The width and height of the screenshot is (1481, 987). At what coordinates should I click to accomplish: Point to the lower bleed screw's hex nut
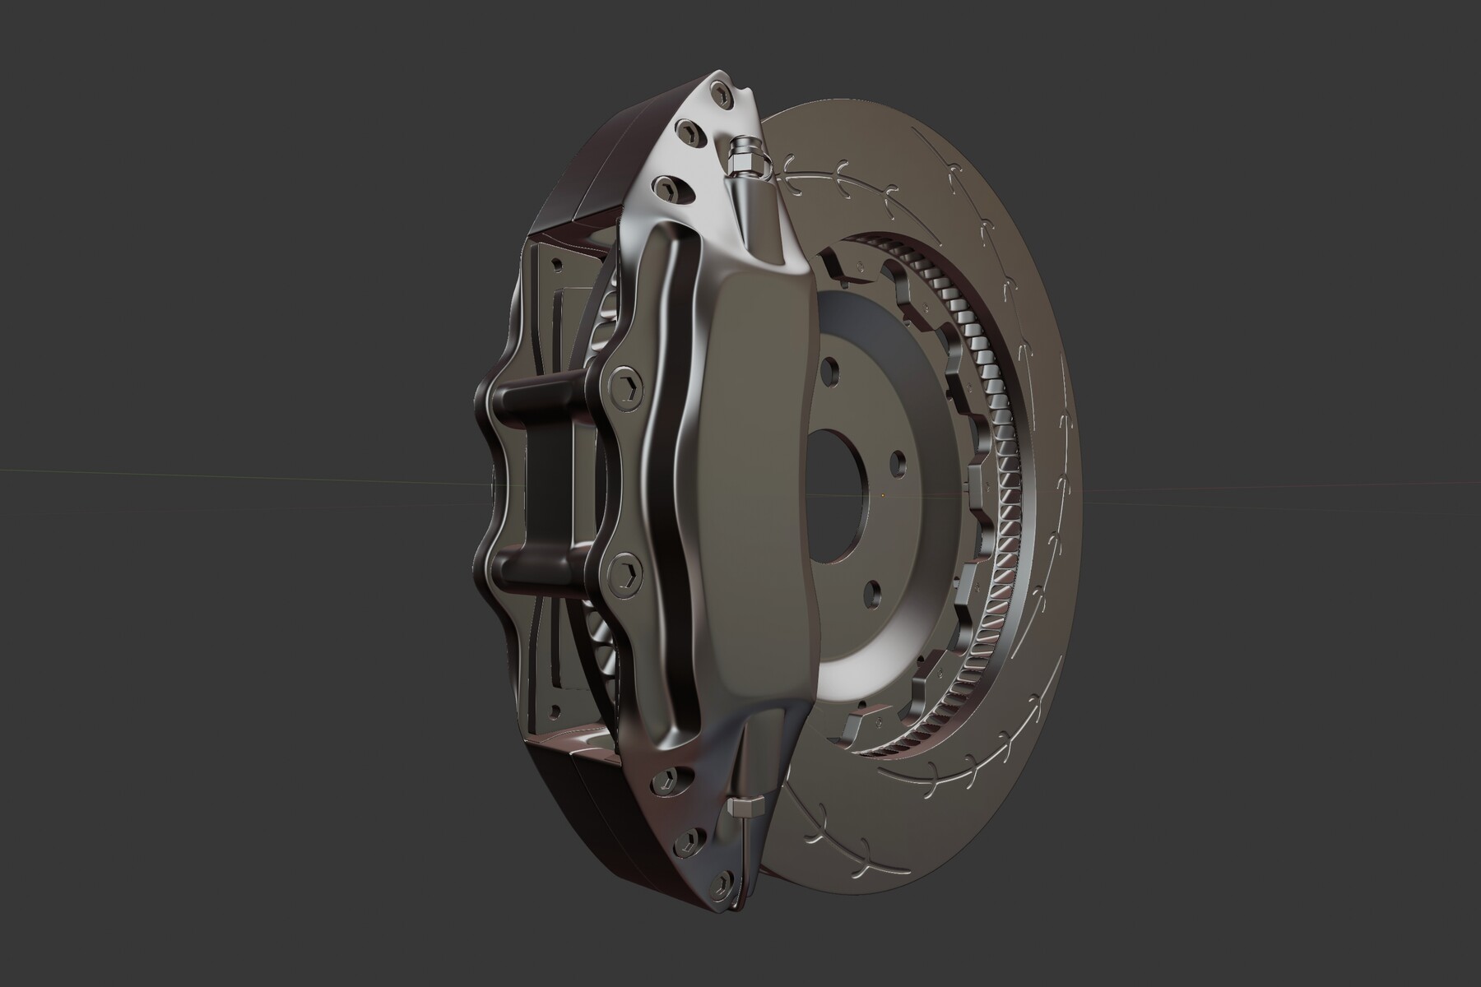pos(745,810)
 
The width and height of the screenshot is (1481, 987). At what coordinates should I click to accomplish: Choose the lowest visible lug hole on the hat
pos(871,590)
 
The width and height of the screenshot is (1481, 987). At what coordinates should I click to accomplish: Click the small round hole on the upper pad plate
pos(557,265)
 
